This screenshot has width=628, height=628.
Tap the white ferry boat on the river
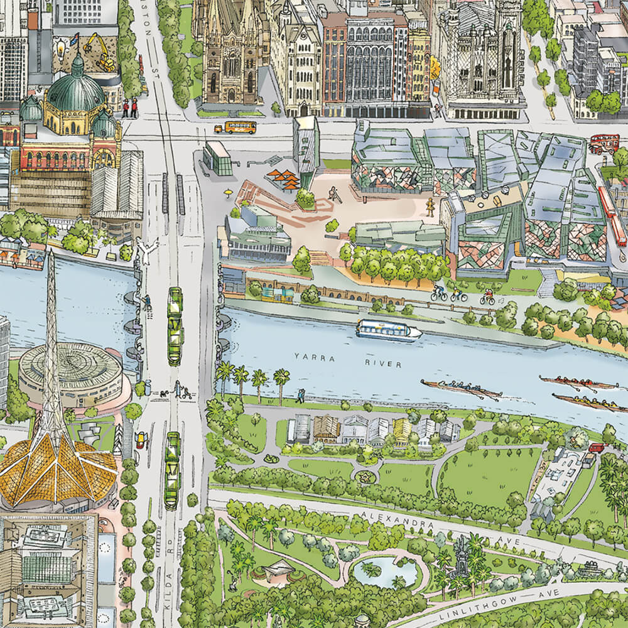(x=389, y=330)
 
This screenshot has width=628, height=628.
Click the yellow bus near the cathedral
(x=236, y=127)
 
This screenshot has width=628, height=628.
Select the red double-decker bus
(x=604, y=144)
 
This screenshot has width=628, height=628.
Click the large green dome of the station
(x=77, y=92)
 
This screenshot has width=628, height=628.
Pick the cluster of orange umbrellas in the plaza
(x=283, y=178)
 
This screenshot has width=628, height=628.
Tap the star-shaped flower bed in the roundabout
(x=364, y=477)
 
